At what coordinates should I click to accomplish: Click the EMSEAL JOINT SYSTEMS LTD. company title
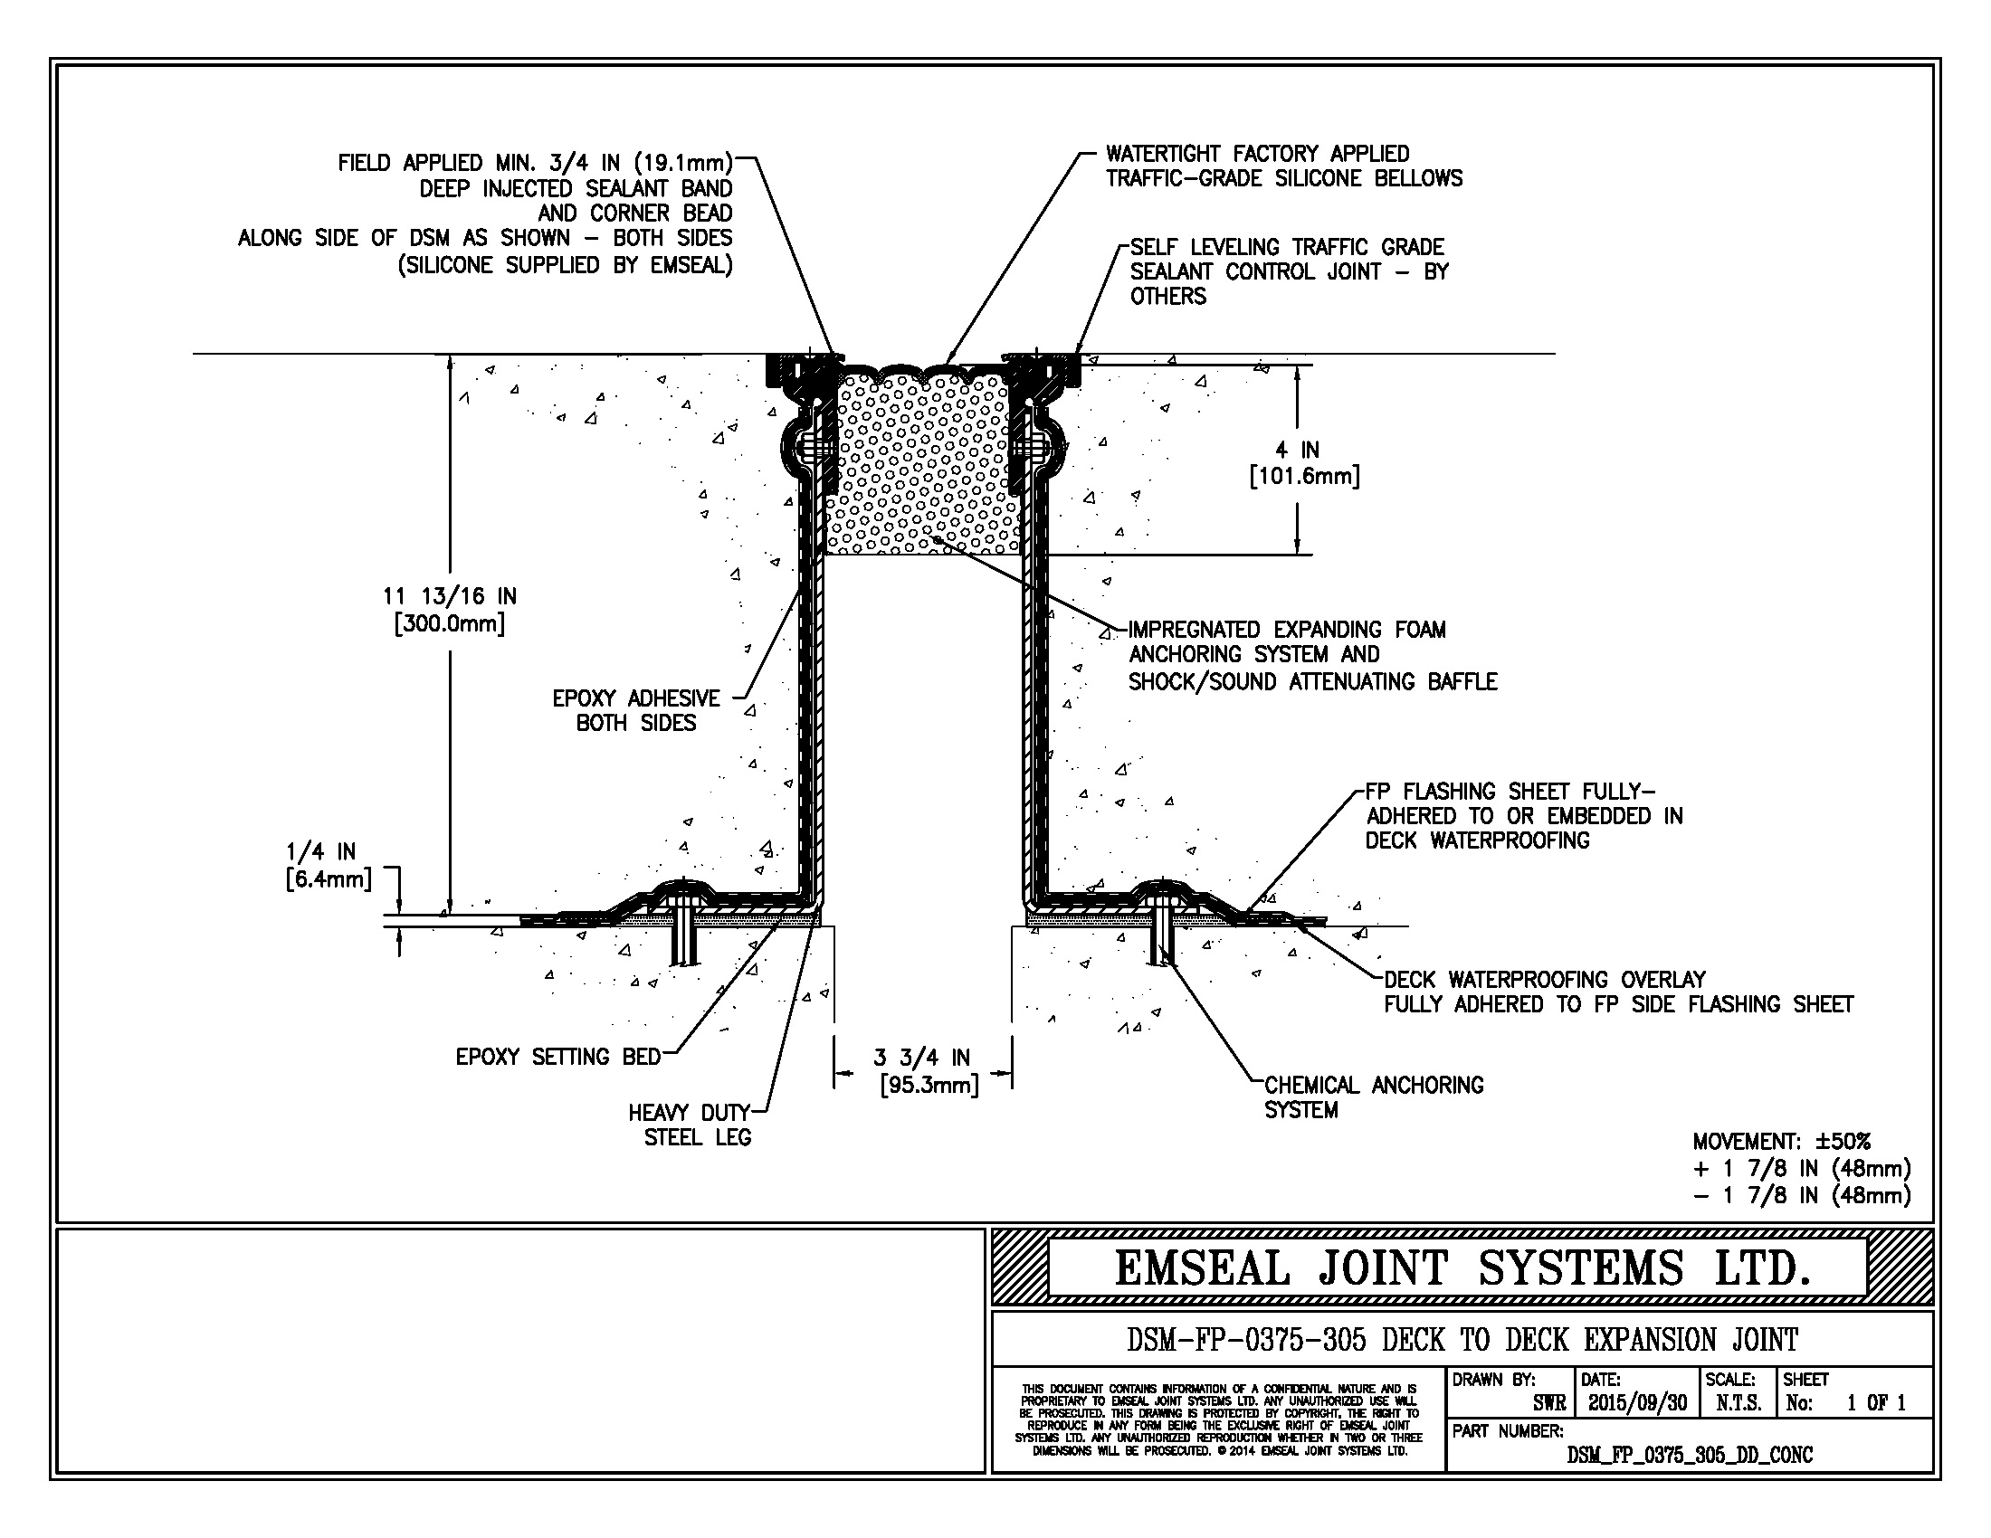(1462, 1268)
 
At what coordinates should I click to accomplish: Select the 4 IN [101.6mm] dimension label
(1304, 463)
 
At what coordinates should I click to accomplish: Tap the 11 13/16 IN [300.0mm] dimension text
(450, 610)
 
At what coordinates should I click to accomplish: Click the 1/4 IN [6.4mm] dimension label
(329, 865)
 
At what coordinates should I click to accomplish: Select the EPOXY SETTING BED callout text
(557, 1057)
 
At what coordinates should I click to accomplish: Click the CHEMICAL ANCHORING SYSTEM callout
(1373, 1097)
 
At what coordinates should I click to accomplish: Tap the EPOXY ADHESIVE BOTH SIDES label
(636, 711)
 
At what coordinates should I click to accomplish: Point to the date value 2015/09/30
(1637, 1403)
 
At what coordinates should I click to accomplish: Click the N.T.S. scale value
(1739, 1403)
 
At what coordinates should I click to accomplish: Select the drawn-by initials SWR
(1548, 1403)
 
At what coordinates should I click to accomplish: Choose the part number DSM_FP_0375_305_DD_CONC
(1690, 1455)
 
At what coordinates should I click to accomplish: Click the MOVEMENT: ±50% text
(1781, 1141)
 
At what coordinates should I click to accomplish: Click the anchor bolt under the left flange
(683, 934)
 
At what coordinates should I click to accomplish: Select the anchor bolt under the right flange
(1160, 934)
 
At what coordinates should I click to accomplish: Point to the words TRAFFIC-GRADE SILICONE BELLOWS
(1283, 178)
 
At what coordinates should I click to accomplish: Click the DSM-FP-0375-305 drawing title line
(1462, 1340)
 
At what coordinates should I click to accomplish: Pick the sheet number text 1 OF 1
(1876, 1403)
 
